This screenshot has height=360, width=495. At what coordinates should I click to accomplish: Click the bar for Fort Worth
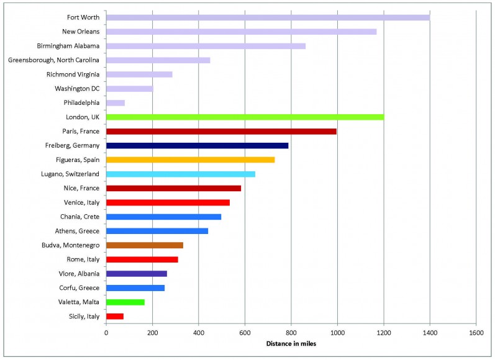268,17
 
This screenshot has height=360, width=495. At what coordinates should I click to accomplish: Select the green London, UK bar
245,117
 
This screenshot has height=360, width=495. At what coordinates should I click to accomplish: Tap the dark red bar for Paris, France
221,131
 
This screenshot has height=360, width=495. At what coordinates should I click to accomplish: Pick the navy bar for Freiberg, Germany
198,145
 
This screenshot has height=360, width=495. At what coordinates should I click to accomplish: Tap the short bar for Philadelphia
116,102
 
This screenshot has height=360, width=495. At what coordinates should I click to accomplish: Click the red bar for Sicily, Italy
115,317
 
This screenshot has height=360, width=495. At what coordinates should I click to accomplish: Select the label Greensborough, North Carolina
55,60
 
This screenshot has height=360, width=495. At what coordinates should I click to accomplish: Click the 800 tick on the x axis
291,333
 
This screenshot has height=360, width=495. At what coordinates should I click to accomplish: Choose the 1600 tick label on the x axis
476,333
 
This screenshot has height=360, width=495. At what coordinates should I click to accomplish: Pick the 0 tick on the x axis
106,333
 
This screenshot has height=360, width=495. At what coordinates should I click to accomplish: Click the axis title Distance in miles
291,344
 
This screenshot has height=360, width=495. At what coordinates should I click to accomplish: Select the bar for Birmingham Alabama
206,46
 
